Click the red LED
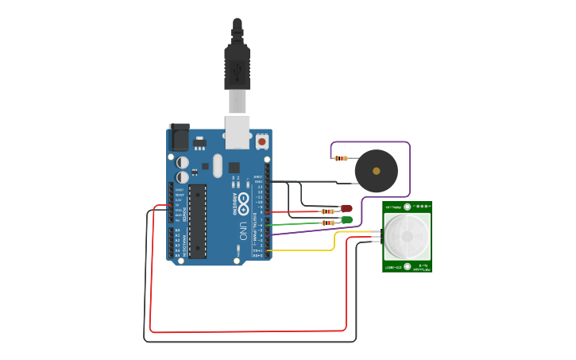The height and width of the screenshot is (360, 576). [346, 209]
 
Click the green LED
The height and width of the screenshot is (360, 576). [346, 219]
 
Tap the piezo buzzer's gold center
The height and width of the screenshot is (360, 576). [376, 171]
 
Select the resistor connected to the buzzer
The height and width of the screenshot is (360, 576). [342, 158]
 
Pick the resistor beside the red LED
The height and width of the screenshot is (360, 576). [327, 211]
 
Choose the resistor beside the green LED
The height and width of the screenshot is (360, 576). [327, 223]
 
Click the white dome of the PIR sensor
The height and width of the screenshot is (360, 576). [407, 236]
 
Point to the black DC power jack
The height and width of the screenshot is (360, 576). [180, 137]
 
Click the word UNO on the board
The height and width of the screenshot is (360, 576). [243, 231]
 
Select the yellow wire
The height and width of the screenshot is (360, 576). [334, 242]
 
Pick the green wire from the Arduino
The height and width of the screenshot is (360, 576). [306, 224]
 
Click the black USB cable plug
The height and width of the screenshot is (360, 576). [237, 68]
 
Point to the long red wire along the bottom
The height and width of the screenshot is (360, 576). [246, 331]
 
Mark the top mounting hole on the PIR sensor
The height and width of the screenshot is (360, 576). [408, 207]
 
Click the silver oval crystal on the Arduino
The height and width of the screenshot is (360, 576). [218, 166]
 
